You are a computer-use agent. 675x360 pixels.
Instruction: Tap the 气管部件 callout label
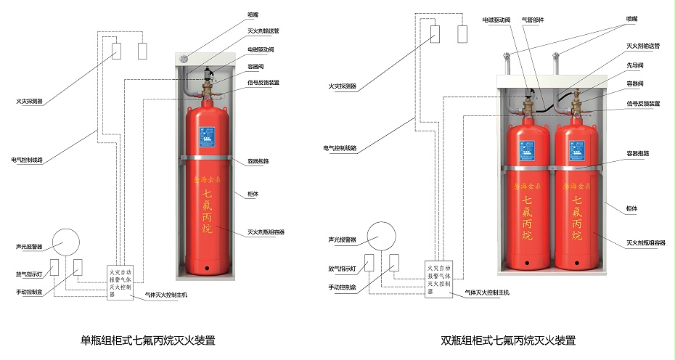(533, 20)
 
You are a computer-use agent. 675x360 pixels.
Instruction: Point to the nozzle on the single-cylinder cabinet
(184, 59)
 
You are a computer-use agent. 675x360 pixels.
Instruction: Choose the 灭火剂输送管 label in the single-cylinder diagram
(263, 30)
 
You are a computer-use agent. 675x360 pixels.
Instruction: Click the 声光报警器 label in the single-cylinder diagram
(30, 245)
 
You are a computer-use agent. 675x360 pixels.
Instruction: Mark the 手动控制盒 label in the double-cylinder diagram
(342, 287)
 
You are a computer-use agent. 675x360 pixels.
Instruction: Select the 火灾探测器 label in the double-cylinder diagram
(343, 86)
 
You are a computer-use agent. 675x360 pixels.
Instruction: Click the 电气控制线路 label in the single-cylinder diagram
(27, 159)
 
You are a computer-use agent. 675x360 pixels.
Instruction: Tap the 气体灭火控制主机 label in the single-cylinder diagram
(166, 295)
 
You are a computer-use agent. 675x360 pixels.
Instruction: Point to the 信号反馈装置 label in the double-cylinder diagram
(643, 103)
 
